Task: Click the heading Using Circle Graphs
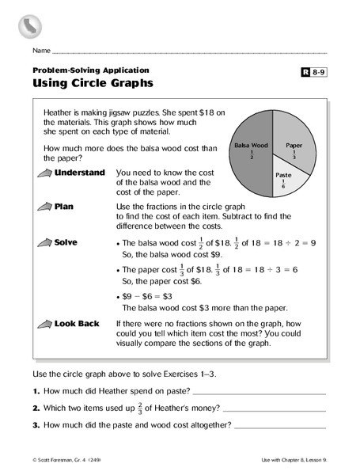coord(92,82)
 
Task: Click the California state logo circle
coord(30,25)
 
